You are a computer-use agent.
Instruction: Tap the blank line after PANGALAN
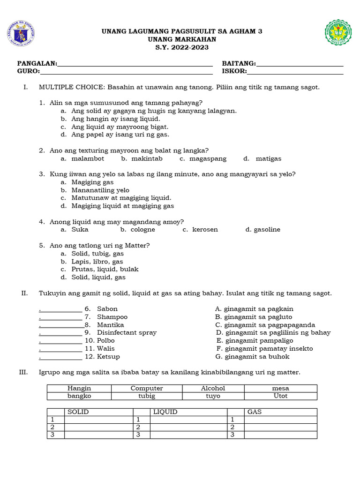135,64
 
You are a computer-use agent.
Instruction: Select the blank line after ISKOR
295,72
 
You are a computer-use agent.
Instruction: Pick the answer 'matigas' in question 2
269,158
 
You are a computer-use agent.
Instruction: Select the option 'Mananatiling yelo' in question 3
100,190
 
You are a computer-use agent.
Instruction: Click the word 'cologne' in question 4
142,230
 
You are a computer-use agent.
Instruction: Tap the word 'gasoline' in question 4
266,230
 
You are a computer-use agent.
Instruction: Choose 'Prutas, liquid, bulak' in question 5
105,270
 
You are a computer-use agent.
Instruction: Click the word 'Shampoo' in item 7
112,317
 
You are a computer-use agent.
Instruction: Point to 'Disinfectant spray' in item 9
127,333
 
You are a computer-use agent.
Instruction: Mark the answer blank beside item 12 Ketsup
61,357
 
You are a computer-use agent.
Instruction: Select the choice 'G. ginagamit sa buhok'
253,357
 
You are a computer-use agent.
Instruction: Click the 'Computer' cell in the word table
147,389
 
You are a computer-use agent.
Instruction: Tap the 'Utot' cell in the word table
280,396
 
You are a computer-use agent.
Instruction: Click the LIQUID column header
165,412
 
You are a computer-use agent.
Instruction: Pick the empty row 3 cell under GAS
280,435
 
